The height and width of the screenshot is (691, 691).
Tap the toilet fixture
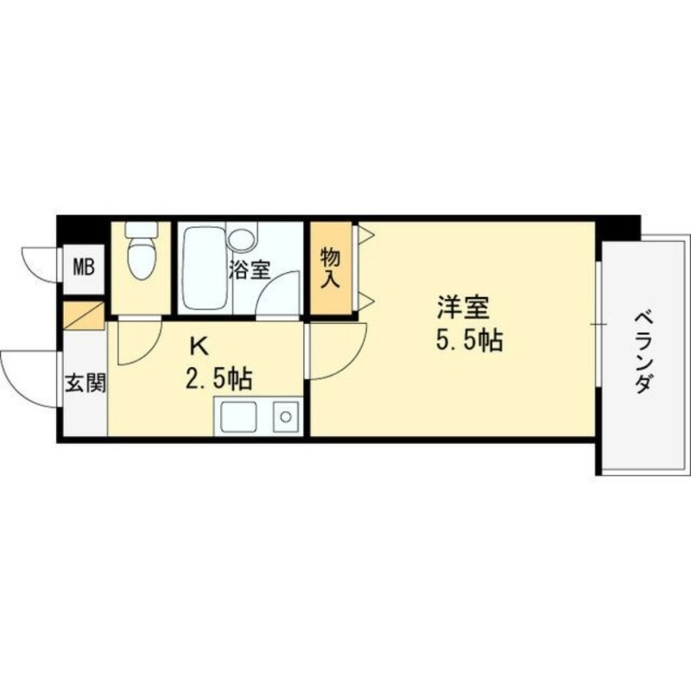[140, 251]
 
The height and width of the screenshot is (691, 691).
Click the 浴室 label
[249, 269]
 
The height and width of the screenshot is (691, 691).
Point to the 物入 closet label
[331, 268]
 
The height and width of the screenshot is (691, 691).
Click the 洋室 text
[464, 307]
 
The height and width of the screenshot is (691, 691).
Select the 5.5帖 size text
[468, 342]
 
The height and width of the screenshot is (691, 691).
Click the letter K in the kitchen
[199, 347]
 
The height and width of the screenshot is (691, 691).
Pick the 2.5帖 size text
[218, 378]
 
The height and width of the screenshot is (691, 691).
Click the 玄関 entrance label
[85, 383]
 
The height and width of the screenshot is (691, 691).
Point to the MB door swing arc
[39, 263]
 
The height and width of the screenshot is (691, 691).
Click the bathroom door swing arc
[275, 299]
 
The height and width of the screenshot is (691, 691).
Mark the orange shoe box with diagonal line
[84, 312]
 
